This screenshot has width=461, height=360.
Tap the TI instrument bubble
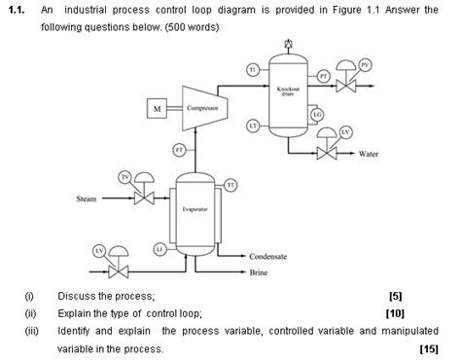pyautogui.click(x=252, y=71)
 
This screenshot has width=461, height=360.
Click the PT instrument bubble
pyautogui.click(x=323, y=76)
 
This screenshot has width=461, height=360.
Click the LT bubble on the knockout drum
pyautogui.click(x=252, y=126)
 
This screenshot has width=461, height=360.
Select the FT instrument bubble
pyautogui.click(x=180, y=149)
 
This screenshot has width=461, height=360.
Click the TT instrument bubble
pyautogui.click(x=230, y=185)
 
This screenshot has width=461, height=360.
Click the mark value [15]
pyautogui.click(x=428, y=347)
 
